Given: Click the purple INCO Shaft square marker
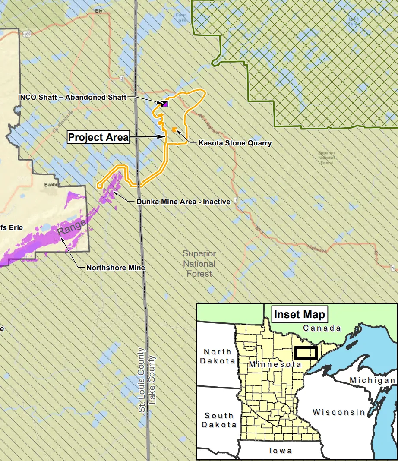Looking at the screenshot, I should [165, 104].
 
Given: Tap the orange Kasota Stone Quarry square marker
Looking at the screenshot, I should [174, 129].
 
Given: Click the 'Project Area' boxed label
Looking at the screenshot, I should [99, 137].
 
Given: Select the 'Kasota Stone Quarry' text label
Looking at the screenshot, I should [235, 143].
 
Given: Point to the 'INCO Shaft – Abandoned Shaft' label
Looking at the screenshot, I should [72, 98].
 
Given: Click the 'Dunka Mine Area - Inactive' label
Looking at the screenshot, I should [183, 202].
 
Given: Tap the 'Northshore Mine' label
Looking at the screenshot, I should [116, 268].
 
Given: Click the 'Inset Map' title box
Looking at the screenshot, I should [299, 314].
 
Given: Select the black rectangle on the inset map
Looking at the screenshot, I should [306, 353].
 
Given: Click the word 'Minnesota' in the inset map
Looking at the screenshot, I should [275, 365].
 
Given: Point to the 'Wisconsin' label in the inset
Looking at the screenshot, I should [338, 412].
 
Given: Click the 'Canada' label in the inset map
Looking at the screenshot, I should [322, 328].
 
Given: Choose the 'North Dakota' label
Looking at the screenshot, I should [218, 357].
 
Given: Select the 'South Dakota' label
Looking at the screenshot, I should [219, 420].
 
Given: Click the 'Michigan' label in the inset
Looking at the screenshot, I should [372, 380].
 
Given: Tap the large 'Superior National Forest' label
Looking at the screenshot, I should [199, 263].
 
